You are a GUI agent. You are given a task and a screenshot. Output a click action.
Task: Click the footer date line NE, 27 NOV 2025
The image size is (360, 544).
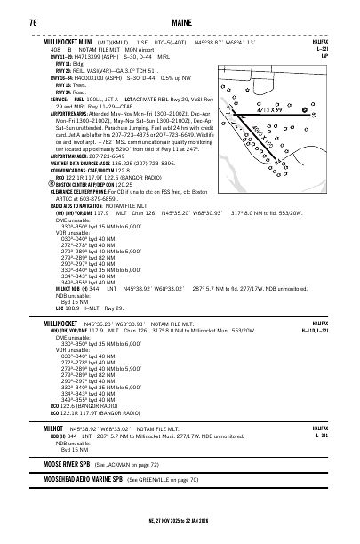178,520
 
